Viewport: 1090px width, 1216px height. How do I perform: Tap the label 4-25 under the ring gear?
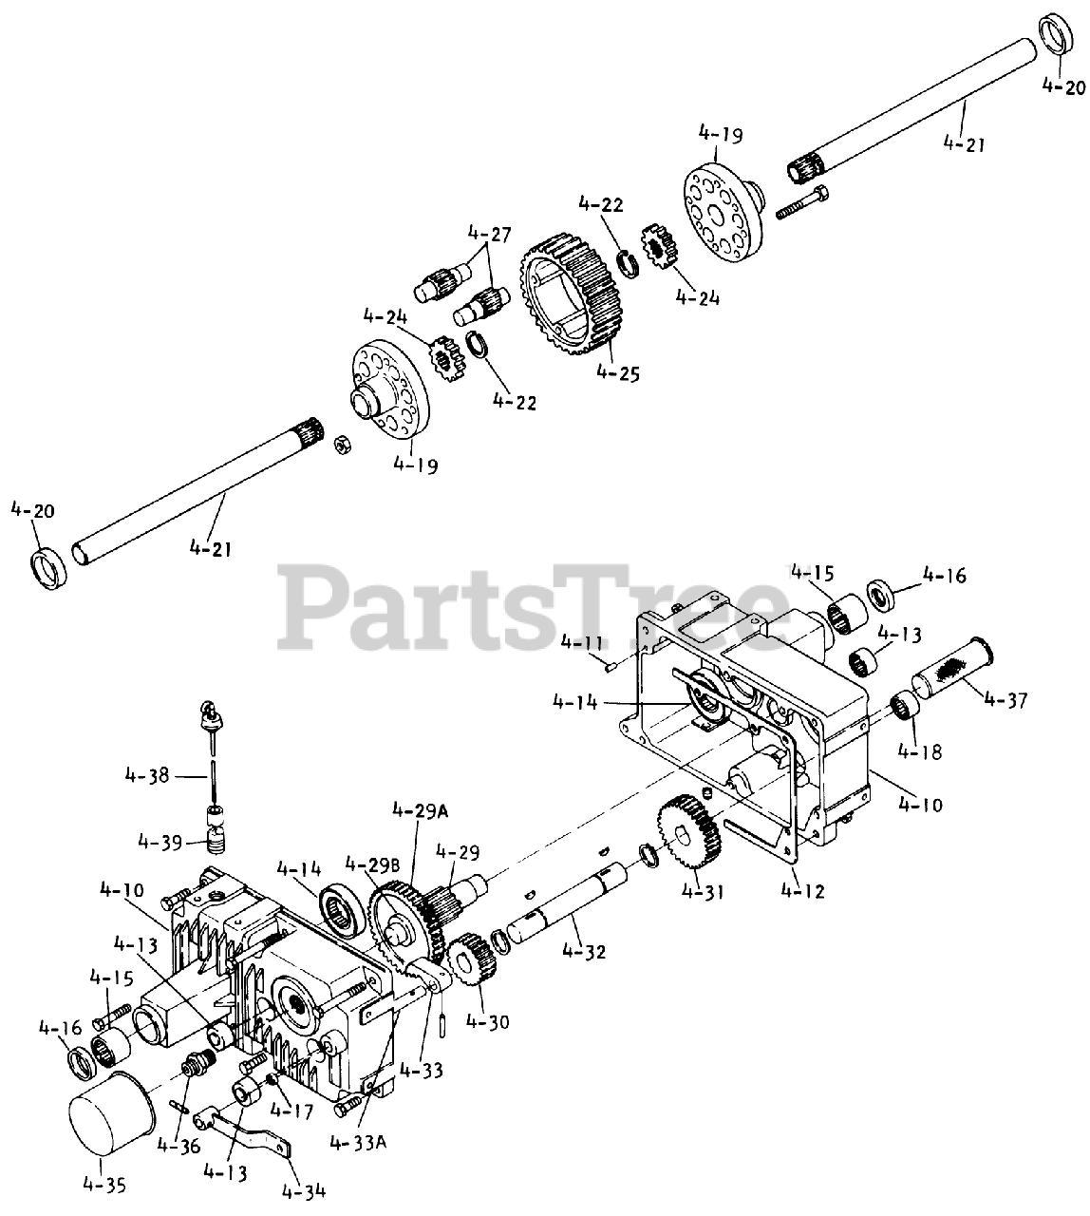point(618,373)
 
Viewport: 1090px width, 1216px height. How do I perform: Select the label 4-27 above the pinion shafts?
point(489,234)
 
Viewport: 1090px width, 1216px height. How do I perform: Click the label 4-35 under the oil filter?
point(103,1185)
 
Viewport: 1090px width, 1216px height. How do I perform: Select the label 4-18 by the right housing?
point(918,751)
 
